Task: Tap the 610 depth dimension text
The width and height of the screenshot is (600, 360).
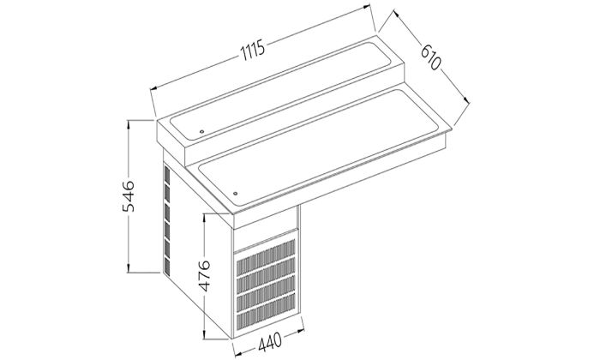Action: pyautogui.click(x=430, y=57)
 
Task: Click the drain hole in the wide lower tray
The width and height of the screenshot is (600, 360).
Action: pyautogui.click(x=235, y=191)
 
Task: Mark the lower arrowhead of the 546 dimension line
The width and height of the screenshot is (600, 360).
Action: pyautogui.click(x=128, y=267)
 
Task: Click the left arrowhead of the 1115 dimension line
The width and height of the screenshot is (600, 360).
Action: pyautogui.click(x=152, y=86)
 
